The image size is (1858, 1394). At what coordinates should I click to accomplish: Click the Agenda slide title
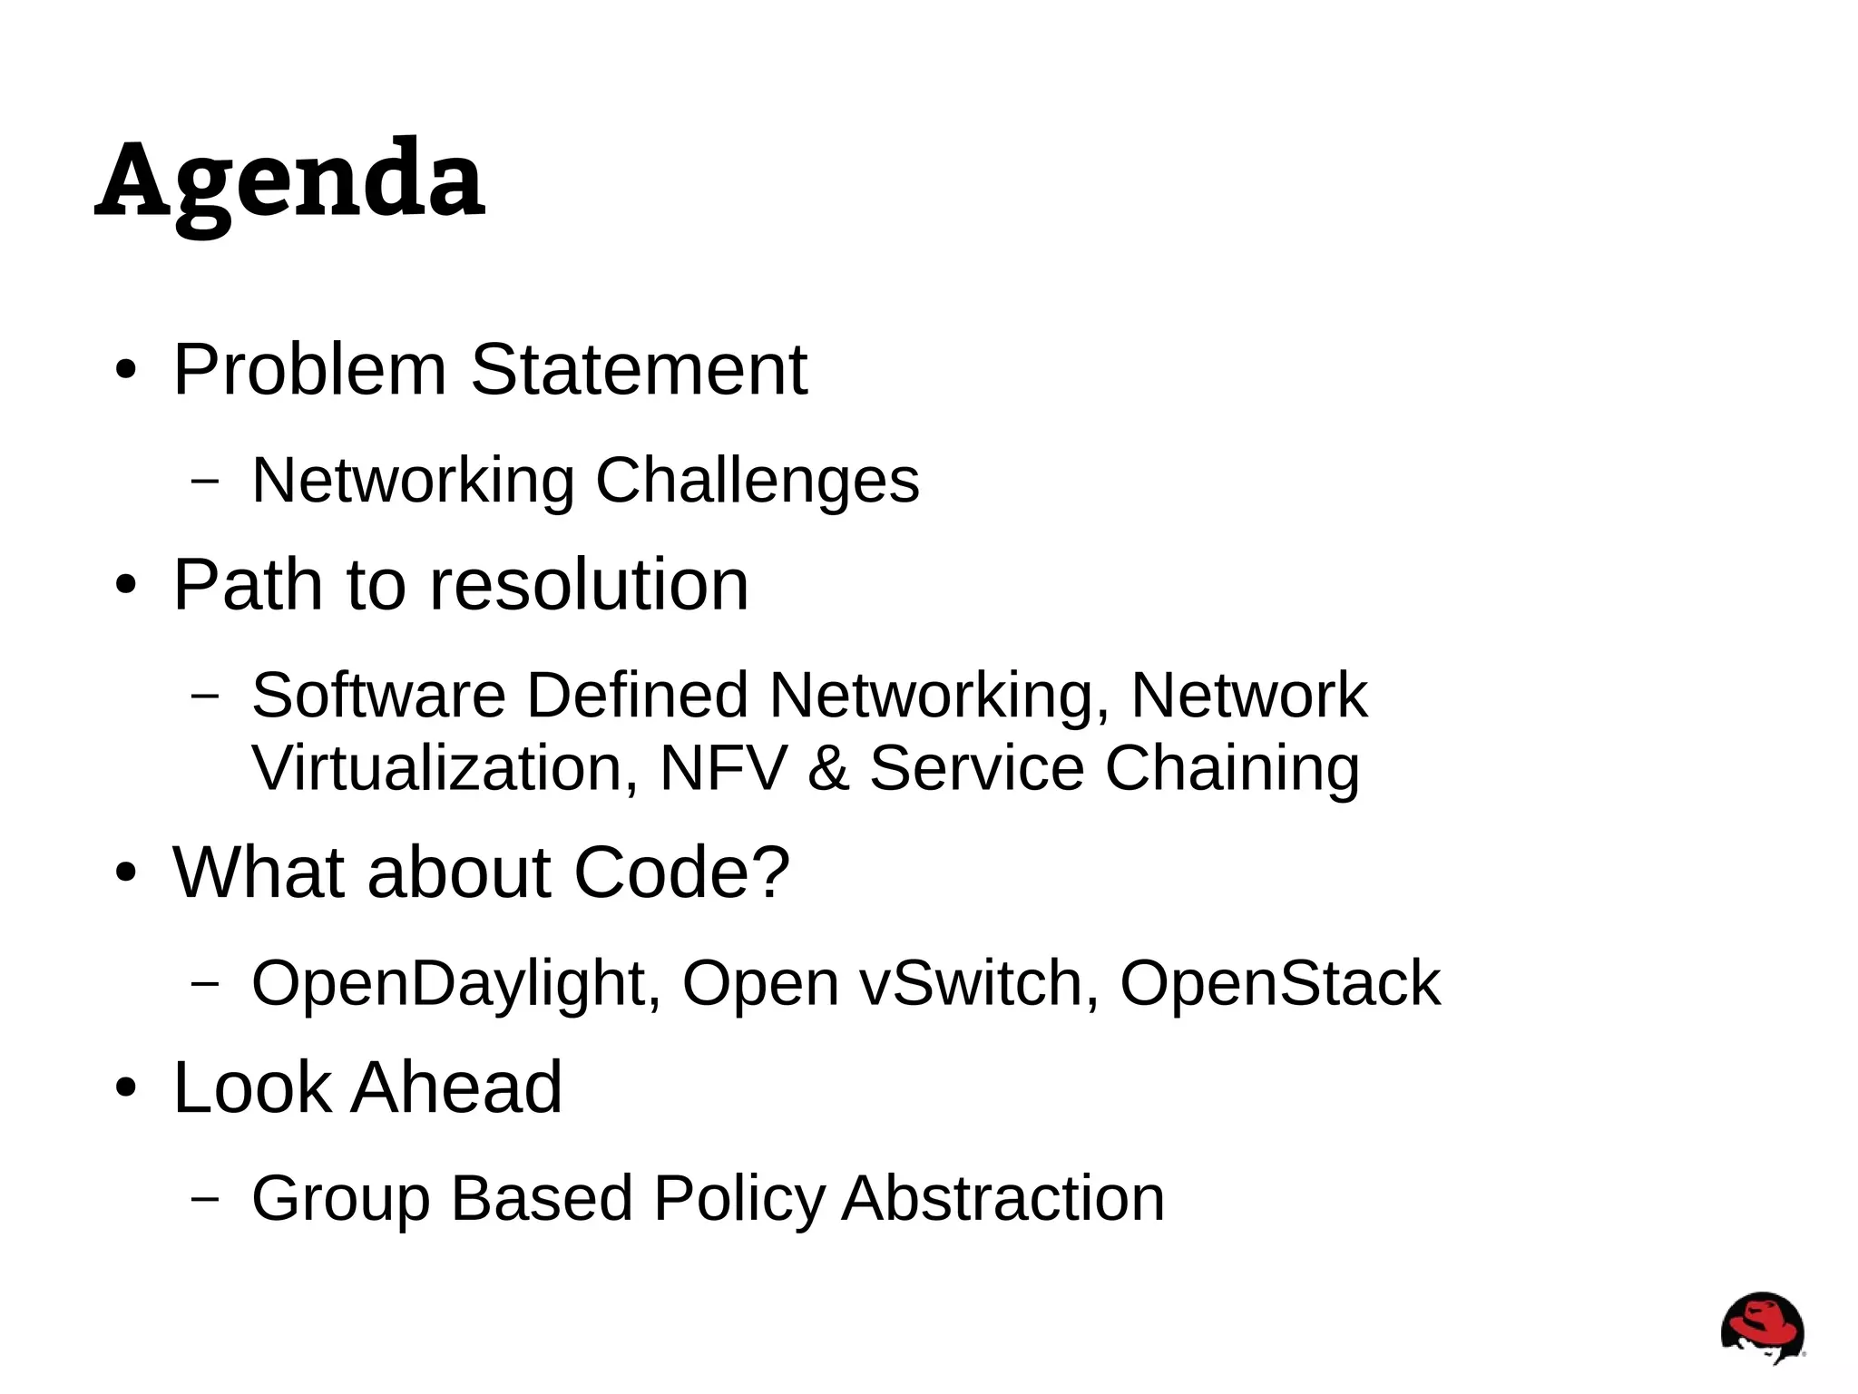tap(289, 181)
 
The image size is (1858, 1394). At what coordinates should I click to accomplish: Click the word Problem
tap(309, 370)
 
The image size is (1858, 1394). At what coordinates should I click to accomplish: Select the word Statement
tap(639, 370)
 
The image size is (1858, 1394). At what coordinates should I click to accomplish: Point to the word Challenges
tap(757, 481)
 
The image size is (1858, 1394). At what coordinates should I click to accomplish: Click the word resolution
tap(588, 585)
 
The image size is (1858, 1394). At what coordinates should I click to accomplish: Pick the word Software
tap(378, 696)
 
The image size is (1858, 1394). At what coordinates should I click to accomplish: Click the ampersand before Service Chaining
tap(827, 769)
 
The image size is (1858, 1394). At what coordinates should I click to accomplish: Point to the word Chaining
tap(1231, 769)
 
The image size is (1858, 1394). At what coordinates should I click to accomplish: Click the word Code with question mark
tap(681, 872)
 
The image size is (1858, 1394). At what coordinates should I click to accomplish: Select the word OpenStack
tap(1280, 983)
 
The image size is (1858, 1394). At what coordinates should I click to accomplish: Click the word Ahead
tap(456, 1087)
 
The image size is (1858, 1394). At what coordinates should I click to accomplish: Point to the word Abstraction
tap(1002, 1198)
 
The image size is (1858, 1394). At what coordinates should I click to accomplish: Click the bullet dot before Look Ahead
tap(125, 1088)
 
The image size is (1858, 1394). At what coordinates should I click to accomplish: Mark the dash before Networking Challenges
tap(206, 481)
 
